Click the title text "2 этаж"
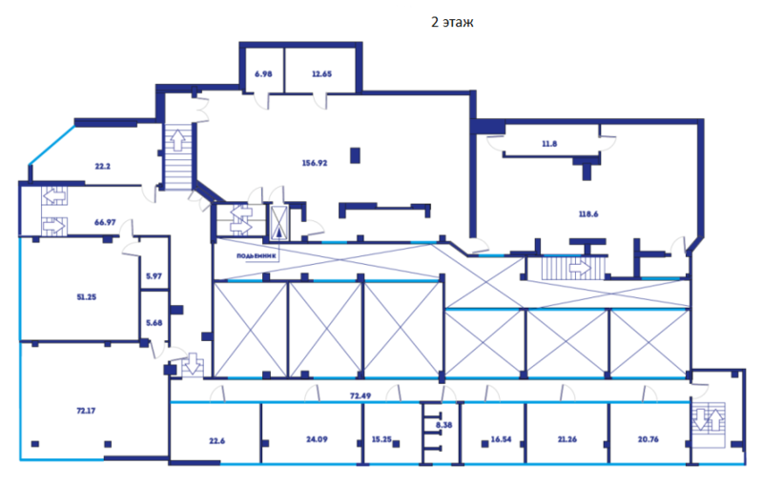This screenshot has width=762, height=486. point(452,22)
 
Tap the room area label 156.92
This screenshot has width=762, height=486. point(315,163)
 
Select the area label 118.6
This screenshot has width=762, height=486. point(588,214)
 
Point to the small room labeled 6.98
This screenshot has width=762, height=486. point(263,74)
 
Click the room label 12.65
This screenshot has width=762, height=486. point(321,74)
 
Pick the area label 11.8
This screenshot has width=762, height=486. point(549,144)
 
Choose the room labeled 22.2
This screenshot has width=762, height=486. point(103,166)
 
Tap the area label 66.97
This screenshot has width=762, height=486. point(105,222)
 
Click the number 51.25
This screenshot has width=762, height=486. point(87,297)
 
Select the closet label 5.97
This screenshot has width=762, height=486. point(154,276)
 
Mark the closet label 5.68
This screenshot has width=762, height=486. point(154,323)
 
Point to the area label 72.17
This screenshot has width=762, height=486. point(86,411)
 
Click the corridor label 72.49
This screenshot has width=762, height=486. point(360,395)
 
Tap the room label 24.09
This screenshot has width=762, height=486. point(317,439)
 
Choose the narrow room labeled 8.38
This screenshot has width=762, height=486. point(443,425)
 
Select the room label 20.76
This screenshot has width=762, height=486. point(649,439)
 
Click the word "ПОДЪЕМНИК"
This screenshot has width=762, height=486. point(257,256)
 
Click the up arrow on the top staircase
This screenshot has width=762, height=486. point(178,140)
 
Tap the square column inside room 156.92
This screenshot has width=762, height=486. point(355,155)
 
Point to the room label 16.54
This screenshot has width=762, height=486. point(501,439)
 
